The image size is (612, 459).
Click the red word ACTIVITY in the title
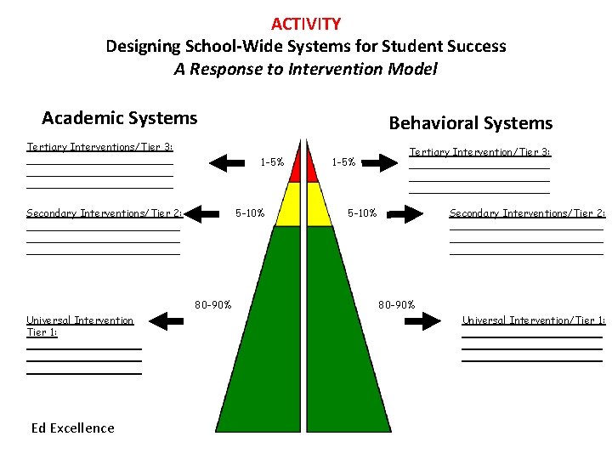(306, 24)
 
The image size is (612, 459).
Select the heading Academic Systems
(119, 118)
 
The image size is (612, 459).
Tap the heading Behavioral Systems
(470, 123)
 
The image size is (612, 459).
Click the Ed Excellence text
(72, 428)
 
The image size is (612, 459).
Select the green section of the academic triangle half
(272, 340)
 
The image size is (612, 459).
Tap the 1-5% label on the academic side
(272, 161)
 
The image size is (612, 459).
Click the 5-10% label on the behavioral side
(363, 213)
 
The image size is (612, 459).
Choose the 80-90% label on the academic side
(212, 304)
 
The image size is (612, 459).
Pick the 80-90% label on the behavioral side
(397, 304)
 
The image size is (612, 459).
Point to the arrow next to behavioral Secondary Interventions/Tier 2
(405, 215)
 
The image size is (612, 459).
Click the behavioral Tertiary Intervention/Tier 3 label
(480, 152)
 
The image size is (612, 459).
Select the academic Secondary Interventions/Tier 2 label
(105, 213)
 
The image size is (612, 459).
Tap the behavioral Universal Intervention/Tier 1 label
(533, 320)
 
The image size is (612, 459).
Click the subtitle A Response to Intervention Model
(305, 69)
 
